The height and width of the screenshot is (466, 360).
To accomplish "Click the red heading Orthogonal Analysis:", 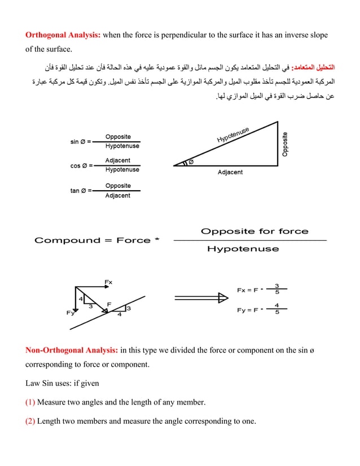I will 63,35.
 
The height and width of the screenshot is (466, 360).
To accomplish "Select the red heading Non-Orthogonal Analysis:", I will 72,350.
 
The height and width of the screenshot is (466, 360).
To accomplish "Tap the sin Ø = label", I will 81,142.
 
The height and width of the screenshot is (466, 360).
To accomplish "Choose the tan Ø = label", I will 81,191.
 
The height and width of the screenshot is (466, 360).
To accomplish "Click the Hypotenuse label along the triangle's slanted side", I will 233,135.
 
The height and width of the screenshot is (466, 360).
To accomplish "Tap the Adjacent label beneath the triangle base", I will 230,172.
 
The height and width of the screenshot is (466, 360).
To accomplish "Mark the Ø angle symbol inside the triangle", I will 190,162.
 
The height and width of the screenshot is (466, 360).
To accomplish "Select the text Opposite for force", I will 254,231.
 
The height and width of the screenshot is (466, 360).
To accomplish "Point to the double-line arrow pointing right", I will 201,298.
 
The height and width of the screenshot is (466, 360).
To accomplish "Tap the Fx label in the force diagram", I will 108,282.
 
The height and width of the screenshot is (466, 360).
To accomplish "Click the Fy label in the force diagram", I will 70,313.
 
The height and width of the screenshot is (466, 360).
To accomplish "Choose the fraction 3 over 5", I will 276,289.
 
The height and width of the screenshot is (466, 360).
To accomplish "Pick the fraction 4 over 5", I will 276,309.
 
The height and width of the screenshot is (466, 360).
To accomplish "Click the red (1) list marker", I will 30,402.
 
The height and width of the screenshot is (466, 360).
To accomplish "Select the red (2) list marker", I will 30,421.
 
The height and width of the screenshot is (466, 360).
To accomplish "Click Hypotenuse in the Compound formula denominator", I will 243,249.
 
